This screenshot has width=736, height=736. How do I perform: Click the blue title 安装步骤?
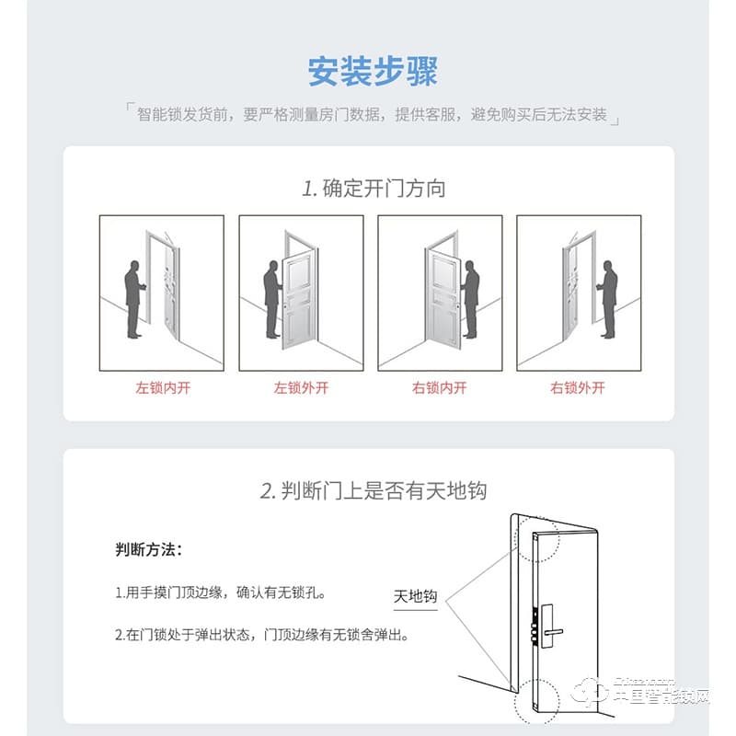pyautogui.click(x=373, y=72)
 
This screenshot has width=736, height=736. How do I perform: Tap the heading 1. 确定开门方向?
pyautogui.click(x=374, y=190)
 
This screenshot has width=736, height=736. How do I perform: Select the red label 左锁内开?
pyautogui.click(x=162, y=387)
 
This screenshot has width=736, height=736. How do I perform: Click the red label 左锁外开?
pyautogui.click(x=301, y=387)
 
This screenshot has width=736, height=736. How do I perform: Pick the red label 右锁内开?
pyautogui.click(x=439, y=387)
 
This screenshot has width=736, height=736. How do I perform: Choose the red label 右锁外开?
pyautogui.click(x=578, y=387)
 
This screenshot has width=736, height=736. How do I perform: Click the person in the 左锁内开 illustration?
pyautogui.click(x=133, y=298)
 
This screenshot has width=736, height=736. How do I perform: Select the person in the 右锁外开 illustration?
pyautogui.click(x=608, y=298)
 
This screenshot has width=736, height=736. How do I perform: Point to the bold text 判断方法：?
pyautogui.click(x=148, y=550)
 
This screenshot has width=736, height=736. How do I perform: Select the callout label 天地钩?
pyautogui.click(x=415, y=596)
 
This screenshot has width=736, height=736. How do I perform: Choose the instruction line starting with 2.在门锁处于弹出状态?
pyautogui.click(x=261, y=635)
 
